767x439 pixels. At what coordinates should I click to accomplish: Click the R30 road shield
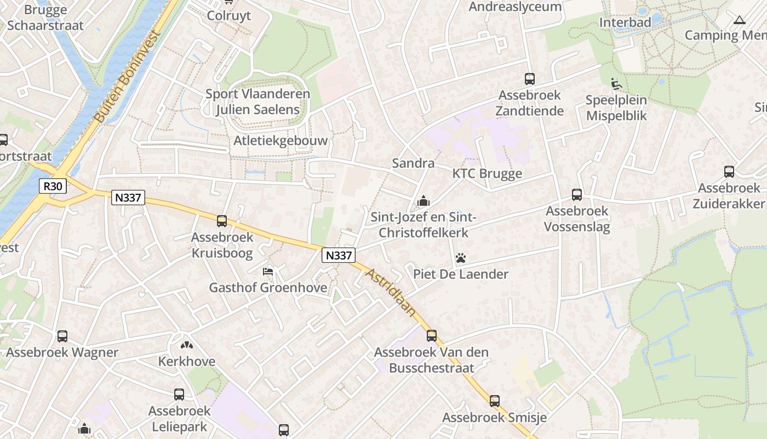point(53,186)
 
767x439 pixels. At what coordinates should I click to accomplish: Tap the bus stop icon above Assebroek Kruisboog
point(222,221)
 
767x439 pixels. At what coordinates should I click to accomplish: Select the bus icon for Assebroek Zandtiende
point(529,79)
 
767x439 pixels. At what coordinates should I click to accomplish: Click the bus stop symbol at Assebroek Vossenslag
point(577,195)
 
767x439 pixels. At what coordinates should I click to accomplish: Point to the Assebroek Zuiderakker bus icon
point(729,172)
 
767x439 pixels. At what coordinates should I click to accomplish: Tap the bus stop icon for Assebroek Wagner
point(62,336)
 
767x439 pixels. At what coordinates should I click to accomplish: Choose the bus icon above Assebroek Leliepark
point(179,395)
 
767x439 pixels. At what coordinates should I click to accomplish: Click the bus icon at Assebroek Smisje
point(495,401)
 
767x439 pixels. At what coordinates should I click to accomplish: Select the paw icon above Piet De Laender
point(461,257)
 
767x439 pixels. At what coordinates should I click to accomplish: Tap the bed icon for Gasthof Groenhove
point(268,271)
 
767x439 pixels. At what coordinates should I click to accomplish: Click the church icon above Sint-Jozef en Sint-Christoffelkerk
point(423,201)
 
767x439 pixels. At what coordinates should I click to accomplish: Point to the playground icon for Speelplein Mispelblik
point(616,84)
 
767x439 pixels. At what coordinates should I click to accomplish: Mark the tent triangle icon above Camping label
point(740,20)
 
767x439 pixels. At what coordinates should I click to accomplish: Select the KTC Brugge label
point(487,173)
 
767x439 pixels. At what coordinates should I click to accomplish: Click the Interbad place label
point(625,22)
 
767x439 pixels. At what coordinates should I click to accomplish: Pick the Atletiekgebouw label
point(281,140)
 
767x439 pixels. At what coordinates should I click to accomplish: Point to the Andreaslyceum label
point(515,7)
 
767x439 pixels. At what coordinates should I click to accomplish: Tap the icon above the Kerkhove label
point(187,345)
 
